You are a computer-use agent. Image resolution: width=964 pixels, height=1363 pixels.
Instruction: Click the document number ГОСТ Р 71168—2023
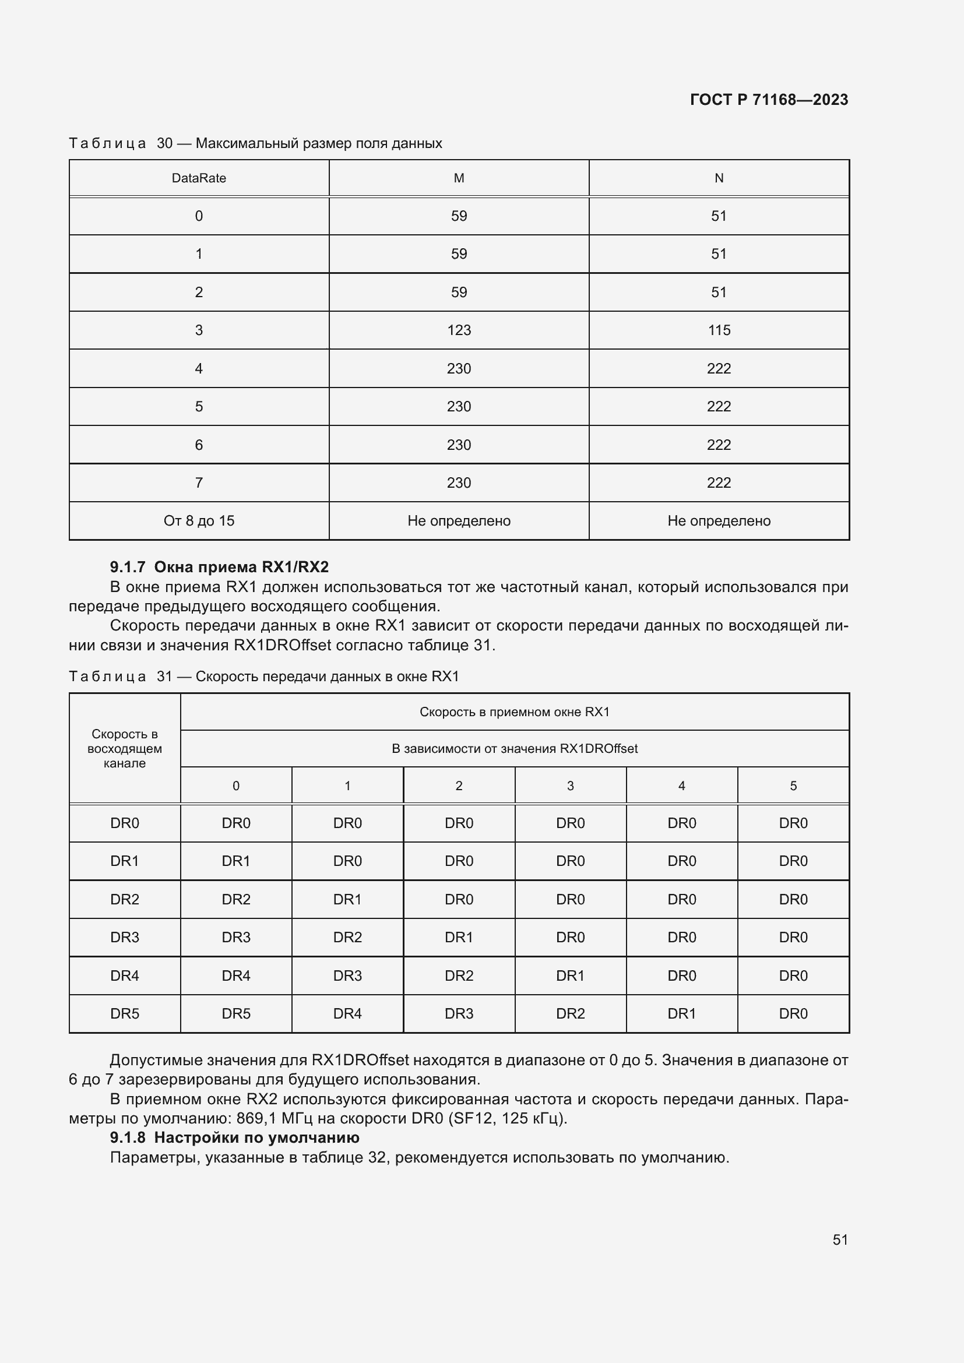tap(769, 100)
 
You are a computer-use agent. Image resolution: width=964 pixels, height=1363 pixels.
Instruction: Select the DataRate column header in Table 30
tap(199, 178)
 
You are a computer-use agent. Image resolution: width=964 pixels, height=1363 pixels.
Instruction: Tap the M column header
tap(459, 178)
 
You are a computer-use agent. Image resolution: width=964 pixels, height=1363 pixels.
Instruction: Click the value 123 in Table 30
tap(459, 330)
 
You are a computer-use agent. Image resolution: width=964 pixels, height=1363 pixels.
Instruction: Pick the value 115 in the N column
tap(719, 330)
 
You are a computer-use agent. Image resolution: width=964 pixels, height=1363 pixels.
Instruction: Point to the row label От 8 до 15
tap(199, 520)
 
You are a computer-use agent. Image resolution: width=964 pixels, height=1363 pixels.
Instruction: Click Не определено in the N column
tap(719, 520)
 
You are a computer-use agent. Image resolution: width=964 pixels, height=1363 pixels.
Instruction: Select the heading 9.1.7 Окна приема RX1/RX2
tap(219, 567)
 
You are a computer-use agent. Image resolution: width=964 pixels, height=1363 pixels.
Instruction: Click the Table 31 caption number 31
tap(164, 676)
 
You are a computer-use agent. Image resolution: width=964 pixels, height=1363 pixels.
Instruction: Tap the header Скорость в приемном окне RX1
tap(515, 712)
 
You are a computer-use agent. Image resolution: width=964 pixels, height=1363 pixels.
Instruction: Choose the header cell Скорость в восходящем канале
tap(125, 749)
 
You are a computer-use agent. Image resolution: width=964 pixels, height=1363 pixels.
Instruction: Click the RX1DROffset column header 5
tap(793, 786)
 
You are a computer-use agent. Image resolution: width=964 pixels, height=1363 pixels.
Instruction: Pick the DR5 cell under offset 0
tap(236, 1013)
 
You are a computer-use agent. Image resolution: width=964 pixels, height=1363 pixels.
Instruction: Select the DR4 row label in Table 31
tap(125, 975)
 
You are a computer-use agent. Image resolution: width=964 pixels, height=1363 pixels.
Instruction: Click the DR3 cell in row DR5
tap(459, 1013)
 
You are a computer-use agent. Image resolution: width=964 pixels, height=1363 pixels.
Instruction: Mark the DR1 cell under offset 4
tap(681, 1013)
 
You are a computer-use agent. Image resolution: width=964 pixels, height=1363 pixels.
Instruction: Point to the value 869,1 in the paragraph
tap(256, 1118)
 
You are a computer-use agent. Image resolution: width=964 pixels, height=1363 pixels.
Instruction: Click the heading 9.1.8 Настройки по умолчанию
tap(234, 1137)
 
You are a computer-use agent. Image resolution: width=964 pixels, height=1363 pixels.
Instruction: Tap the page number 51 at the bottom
tap(840, 1239)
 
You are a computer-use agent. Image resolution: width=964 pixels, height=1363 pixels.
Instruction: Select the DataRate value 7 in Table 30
tap(199, 482)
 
